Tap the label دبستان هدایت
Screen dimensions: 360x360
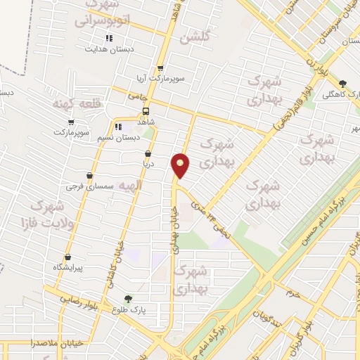click(108, 49)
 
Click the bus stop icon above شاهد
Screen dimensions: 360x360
click(146, 111)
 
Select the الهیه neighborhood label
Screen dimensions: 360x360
click(130, 185)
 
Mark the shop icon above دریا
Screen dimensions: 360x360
click(148, 154)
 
